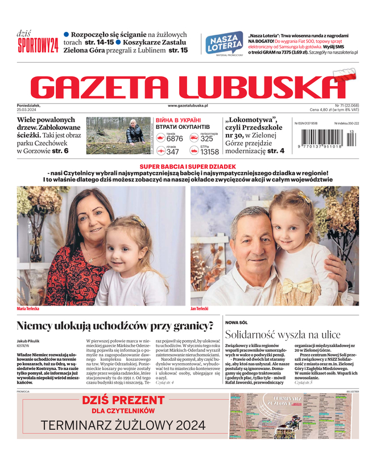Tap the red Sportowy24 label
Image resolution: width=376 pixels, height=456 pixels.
38,44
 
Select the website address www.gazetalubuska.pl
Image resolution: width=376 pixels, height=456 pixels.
188,105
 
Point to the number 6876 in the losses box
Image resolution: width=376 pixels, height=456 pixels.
175,139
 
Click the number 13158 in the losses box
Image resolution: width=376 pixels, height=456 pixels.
209,152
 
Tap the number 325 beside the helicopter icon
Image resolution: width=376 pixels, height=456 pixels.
206,139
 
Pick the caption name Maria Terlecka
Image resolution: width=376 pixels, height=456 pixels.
28,309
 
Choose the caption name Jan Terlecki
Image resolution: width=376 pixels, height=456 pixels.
200,309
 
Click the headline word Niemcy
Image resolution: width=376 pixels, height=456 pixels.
39,327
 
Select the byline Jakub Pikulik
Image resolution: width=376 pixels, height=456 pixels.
31,340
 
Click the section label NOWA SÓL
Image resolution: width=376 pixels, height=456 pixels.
237,323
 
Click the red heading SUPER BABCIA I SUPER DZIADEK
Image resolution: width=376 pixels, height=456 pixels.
188,166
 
